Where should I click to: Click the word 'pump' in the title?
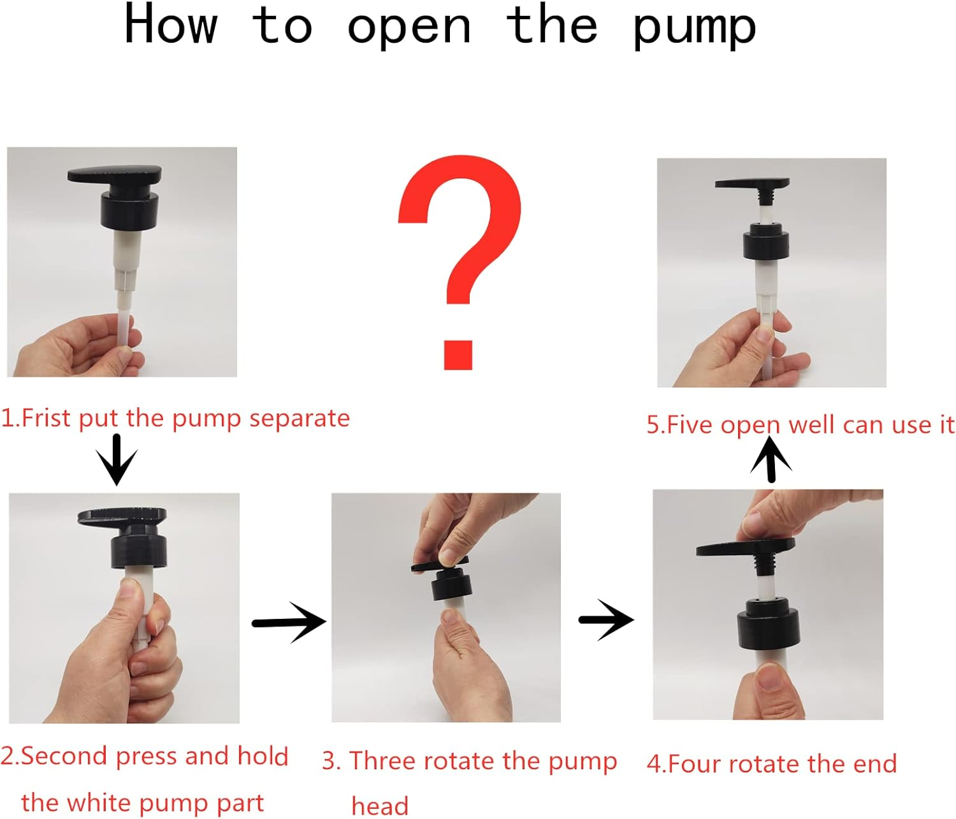[694, 29]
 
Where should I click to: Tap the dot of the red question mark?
[458, 355]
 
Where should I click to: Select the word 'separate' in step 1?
[300, 419]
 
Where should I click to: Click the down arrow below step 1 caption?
[117, 460]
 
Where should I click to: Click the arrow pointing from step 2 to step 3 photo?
[289, 623]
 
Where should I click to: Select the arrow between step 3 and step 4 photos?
[606, 620]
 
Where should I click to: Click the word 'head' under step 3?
[380, 806]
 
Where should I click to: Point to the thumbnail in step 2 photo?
[129, 587]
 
